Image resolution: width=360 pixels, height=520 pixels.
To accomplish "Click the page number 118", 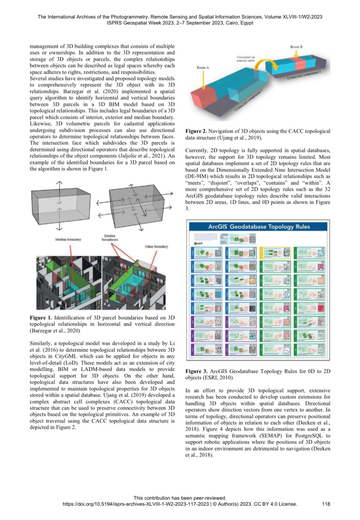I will pyautogui.click(x=326, y=504).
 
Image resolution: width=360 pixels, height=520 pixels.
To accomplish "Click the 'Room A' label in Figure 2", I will pyautogui.click(x=203, y=68).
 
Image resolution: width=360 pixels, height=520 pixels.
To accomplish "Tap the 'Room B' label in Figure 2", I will pyautogui.click(x=296, y=47).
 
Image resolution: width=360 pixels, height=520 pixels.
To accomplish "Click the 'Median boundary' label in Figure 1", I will pyautogui.click(x=68, y=239).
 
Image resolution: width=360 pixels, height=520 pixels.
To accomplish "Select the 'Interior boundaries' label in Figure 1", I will pyautogui.click(x=110, y=238).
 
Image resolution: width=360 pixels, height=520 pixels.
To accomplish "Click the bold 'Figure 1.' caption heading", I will pyautogui.click(x=41, y=318).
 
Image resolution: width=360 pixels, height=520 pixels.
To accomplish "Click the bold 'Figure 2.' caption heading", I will pyautogui.click(x=196, y=131).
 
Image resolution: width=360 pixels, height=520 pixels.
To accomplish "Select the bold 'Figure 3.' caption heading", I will pyautogui.click(x=196, y=371).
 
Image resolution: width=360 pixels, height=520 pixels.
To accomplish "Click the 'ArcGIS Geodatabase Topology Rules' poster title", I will pyautogui.click(x=259, y=226).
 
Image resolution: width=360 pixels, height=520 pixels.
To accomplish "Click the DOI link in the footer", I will pyautogui.click(x=135, y=504).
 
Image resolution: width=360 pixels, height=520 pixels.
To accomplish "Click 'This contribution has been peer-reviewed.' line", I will pyautogui.click(x=180, y=498).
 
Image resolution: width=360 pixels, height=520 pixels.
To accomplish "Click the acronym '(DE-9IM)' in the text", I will pyautogui.click(x=197, y=176).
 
